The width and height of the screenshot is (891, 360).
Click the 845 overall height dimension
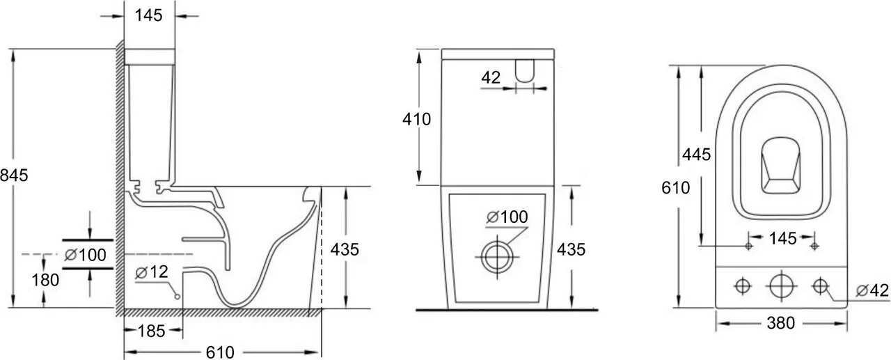(x=15, y=175)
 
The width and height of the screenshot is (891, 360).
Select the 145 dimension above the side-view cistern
(x=149, y=15)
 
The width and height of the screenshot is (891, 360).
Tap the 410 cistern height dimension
(x=416, y=119)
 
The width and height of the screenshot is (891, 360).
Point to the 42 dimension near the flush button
(x=491, y=77)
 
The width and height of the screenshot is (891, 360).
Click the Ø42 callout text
(x=872, y=290)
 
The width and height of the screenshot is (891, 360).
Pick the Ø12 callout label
(x=152, y=272)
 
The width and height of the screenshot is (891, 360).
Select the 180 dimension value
(x=45, y=280)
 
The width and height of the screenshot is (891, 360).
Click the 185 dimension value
(x=152, y=331)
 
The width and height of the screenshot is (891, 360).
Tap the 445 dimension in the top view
(x=697, y=155)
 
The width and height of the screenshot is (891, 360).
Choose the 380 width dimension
(x=781, y=323)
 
